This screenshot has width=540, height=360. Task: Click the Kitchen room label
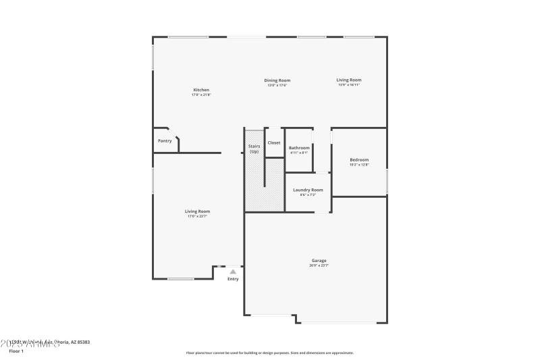201,90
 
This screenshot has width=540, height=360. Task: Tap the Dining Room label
277,80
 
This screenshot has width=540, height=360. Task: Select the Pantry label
165,141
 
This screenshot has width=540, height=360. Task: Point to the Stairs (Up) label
254,149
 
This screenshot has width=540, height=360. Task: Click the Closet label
274,143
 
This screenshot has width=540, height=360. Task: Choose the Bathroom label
299,148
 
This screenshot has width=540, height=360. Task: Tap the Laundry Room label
308,190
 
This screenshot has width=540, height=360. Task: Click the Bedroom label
359,159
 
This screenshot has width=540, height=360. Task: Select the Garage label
319,261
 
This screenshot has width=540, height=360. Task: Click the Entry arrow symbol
233,271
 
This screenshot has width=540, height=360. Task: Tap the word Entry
233,279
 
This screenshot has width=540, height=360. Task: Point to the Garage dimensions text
319,265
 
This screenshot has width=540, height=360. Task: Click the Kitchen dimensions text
201,95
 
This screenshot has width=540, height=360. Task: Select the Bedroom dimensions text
359,164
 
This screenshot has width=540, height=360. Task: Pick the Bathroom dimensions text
299,153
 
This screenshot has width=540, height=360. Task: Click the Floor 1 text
16,351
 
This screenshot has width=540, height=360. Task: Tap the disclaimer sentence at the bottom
270,353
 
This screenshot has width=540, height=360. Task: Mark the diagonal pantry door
173,133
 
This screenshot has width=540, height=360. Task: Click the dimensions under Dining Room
277,85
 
